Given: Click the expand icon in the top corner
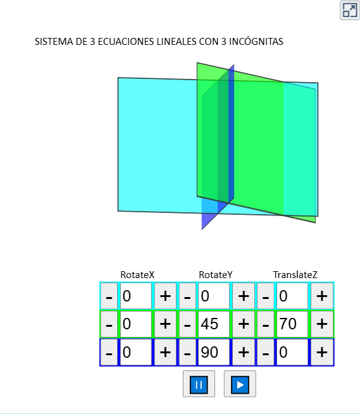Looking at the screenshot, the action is tap(350, 10).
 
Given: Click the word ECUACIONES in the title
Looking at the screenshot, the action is tap(126, 42).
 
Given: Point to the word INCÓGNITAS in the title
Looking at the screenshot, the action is tap(256, 42).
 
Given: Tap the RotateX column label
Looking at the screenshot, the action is tap(137, 275).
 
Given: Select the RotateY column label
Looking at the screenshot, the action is tap(215, 275).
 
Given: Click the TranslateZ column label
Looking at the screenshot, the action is tap(295, 275).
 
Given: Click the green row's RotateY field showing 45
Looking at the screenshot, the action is tap(214, 324).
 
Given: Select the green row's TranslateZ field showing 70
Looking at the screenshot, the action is tap(292, 324).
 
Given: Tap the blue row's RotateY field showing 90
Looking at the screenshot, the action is tap(214, 352).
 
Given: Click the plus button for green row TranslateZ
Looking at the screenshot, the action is tap(321, 324).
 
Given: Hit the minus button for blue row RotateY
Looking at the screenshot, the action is tap(187, 352).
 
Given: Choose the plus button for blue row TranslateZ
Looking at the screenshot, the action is tap(321, 352).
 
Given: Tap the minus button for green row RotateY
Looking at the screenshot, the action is tap(187, 324).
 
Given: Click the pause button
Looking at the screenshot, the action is tap(199, 384).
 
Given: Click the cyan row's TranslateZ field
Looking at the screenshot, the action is tap(292, 296).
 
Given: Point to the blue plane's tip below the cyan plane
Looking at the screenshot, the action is tap(202, 229).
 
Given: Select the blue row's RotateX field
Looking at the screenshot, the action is tap(136, 352).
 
